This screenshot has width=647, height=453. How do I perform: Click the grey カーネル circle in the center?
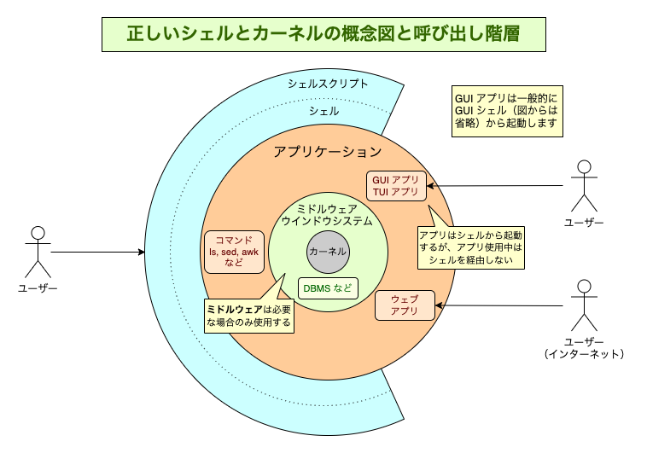pyautogui.click(x=328, y=252)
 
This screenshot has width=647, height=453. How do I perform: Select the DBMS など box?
pyautogui.click(x=329, y=287)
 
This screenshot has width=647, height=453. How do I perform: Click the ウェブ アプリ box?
pyautogui.click(x=404, y=305)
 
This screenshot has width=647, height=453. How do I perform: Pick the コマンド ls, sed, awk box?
pyautogui.click(x=233, y=252)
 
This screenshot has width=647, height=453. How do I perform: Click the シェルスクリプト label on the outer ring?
pyautogui.click(x=328, y=84)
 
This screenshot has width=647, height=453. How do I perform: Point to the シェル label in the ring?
pyautogui.click(x=323, y=111)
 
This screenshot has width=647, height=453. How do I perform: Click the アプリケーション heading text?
pyautogui.click(x=327, y=152)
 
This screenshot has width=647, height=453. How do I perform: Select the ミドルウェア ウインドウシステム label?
pyautogui.click(x=328, y=214)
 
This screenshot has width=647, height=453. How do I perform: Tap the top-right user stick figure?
pyautogui.click(x=584, y=185)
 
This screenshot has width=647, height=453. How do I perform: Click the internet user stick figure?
pyautogui.click(x=584, y=305)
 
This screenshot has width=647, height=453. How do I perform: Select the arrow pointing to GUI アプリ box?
pyautogui.click(x=495, y=185)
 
